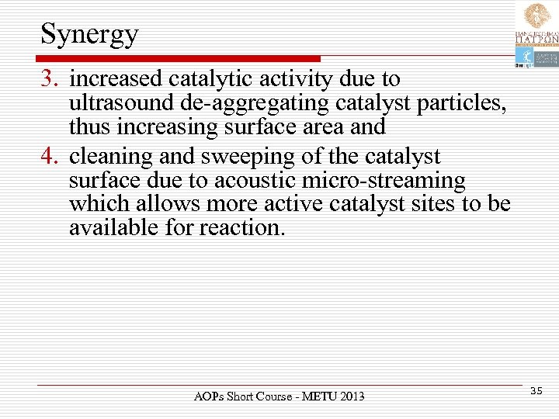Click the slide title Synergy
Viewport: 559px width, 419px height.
coord(89,34)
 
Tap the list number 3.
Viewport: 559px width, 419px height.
coord(50,79)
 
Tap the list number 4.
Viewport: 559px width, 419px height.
coord(50,156)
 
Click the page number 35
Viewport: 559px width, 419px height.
coord(536,391)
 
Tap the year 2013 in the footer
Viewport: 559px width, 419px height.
coord(350,397)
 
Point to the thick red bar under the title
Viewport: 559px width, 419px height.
coord(179,58)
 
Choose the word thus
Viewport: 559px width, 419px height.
coord(89,126)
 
